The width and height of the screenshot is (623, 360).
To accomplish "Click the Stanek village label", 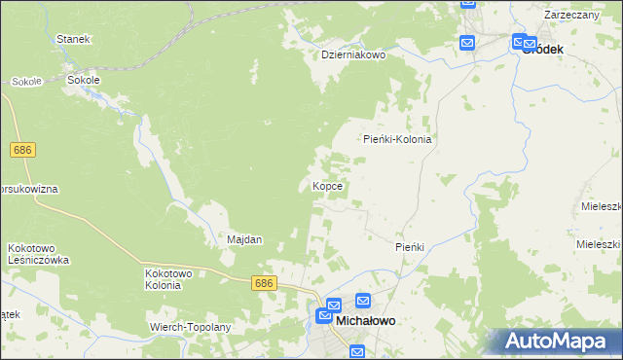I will pyautogui.click(x=73, y=39).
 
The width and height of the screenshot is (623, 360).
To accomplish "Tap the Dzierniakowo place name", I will pyautogui.click(x=354, y=55).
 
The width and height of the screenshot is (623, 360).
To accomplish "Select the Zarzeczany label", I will pyautogui.click(x=572, y=16).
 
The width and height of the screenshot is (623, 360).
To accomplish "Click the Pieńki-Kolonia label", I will pyautogui.click(x=397, y=139).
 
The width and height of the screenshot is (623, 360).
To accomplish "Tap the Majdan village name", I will pyautogui.click(x=244, y=239).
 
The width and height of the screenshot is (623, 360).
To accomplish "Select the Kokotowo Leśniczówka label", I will pyautogui.click(x=38, y=254).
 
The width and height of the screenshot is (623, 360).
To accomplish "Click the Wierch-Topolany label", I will pyautogui.click(x=190, y=327).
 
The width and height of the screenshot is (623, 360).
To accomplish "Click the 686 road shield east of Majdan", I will pyautogui.click(x=264, y=282).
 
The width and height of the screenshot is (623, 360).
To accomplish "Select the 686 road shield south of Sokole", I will pyautogui.click(x=24, y=150).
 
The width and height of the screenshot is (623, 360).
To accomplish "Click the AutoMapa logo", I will pyautogui.click(x=556, y=341).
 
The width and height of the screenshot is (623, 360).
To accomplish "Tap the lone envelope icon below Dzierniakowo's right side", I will pyautogui.click(x=467, y=43).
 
